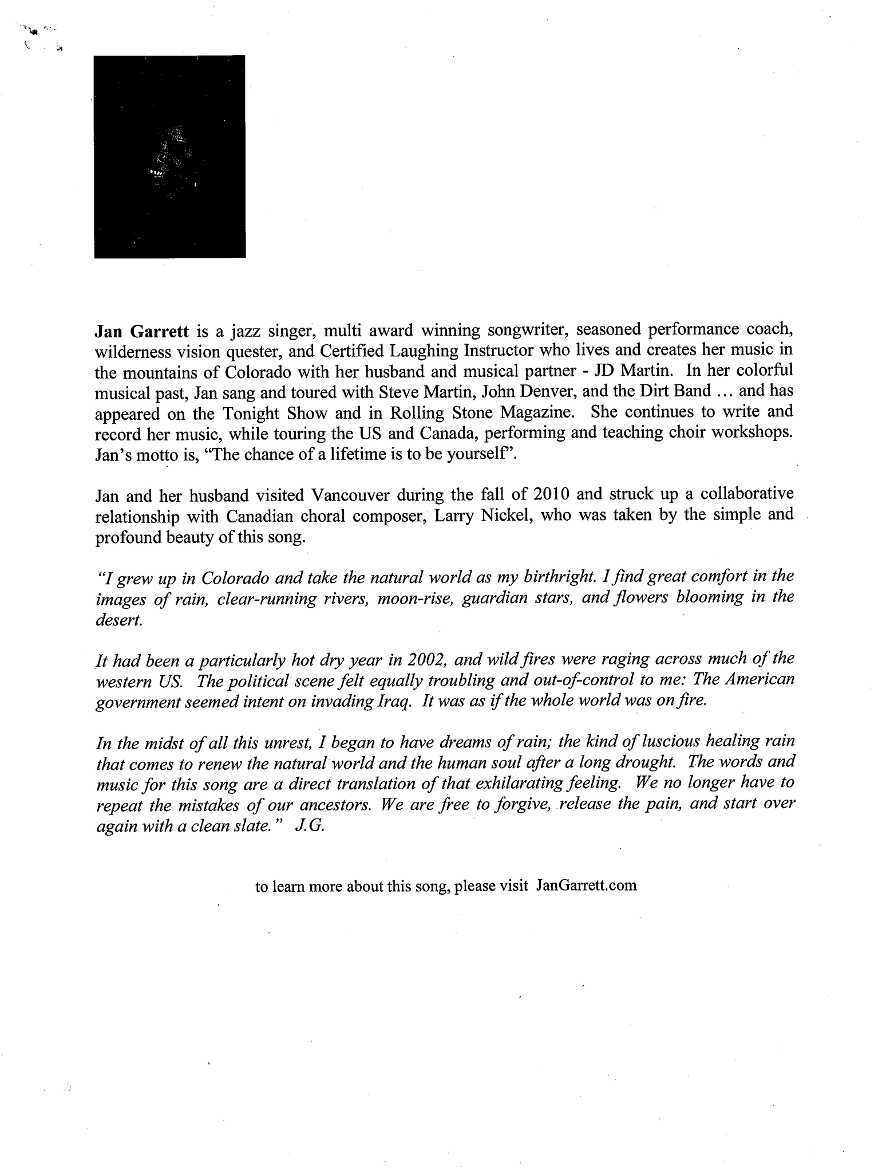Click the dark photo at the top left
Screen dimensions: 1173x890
tap(169, 156)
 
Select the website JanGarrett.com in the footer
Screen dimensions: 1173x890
tap(586, 885)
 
